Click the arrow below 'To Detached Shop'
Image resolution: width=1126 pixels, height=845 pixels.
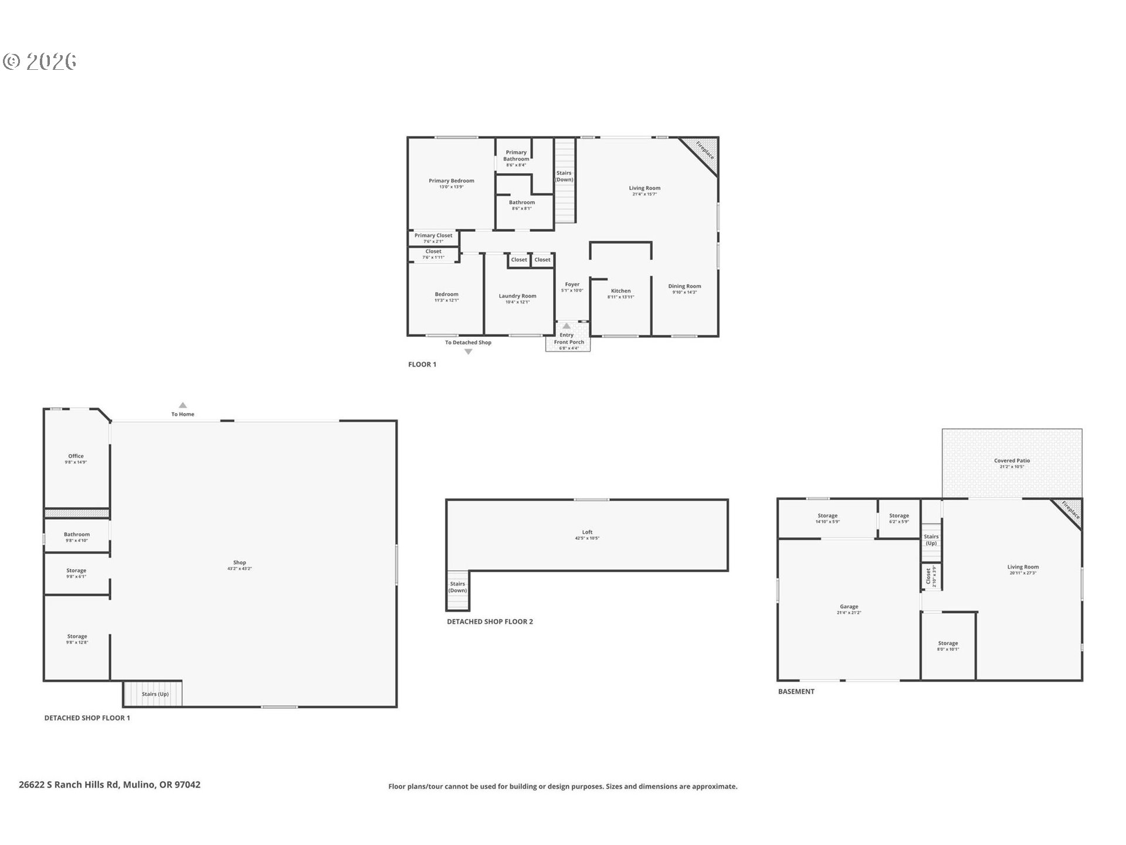point(468,352)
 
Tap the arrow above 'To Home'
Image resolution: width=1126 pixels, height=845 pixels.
point(183,405)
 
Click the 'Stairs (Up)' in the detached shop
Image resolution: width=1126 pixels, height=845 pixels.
point(154,694)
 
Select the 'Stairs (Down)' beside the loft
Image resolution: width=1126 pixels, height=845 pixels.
point(457,587)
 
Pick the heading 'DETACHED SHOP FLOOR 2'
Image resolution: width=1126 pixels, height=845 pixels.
point(490,621)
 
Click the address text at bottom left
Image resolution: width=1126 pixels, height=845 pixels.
point(110,785)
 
